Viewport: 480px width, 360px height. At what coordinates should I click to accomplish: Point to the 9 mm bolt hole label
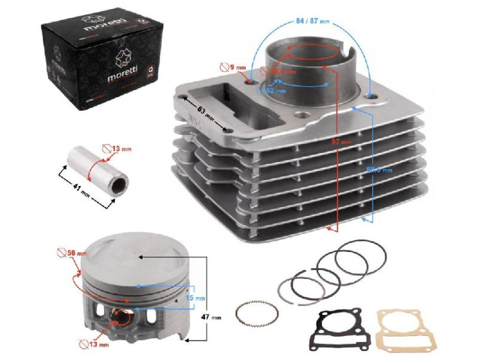(237, 67)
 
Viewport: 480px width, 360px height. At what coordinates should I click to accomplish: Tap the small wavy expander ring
(257, 313)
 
